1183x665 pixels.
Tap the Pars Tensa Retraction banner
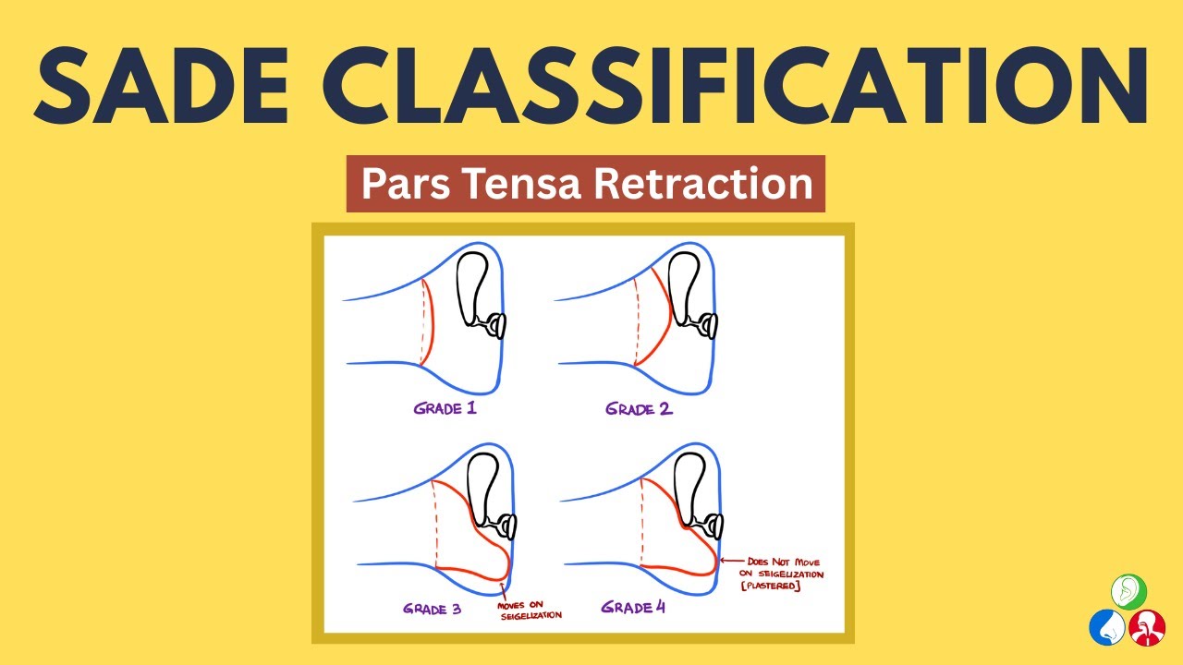[x=586, y=184]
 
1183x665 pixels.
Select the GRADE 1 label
[x=445, y=407]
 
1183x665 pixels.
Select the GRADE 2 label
[x=640, y=408]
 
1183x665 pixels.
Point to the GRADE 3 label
[x=433, y=609]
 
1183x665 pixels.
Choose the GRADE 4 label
[x=633, y=608]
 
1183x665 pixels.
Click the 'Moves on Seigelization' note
[x=530, y=611]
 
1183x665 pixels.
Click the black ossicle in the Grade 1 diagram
[x=476, y=286]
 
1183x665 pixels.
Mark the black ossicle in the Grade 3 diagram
[x=484, y=490]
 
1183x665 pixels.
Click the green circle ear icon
[x=1128, y=591]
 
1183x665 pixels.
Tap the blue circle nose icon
[x=1107, y=627]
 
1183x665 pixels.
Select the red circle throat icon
[x=1147, y=627]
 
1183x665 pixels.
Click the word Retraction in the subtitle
[x=703, y=184]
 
